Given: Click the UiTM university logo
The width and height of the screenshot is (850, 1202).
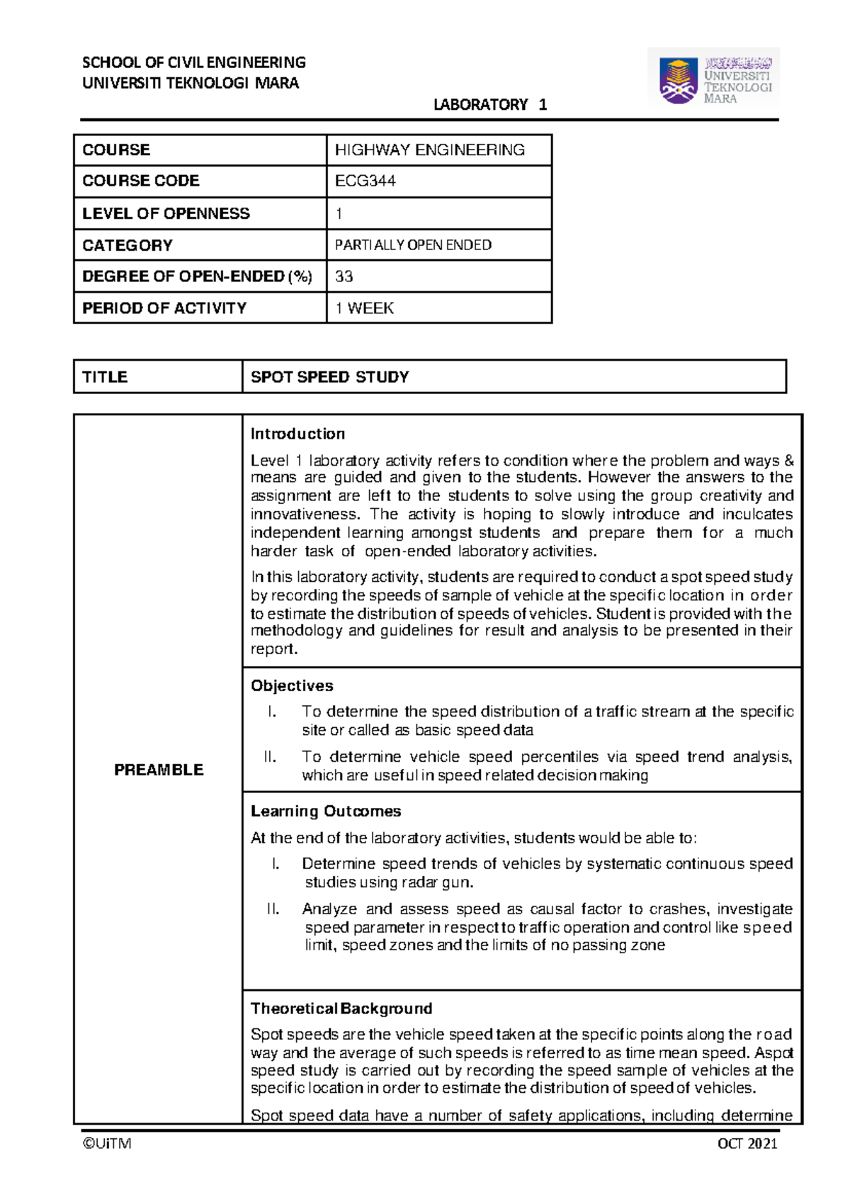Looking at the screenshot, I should (713, 78).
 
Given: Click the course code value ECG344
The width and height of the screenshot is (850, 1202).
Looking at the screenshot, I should (365, 181).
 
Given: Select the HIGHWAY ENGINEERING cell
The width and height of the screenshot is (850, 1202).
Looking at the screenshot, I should (429, 150).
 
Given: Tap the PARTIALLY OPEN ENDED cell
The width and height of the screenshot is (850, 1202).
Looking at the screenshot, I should (413, 245).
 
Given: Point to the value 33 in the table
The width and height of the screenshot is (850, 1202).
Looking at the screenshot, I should (344, 276).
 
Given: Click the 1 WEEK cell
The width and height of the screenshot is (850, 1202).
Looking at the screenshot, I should (364, 308).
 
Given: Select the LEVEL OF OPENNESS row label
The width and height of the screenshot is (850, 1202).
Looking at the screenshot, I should (166, 213).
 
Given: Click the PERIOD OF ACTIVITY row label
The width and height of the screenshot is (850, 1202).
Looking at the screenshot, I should (164, 308).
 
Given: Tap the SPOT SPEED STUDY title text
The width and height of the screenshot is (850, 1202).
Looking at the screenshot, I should (330, 377).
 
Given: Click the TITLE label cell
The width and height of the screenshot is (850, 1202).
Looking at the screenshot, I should (105, 377).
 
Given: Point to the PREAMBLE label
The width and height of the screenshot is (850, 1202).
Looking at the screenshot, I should (159, 770).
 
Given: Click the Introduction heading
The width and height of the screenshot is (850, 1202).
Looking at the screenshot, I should (297, 434).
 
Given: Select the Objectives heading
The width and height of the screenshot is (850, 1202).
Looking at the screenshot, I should (292, 685).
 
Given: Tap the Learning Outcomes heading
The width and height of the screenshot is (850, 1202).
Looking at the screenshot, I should (326, 811).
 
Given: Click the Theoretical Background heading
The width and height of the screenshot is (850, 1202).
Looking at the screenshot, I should (341, 1009).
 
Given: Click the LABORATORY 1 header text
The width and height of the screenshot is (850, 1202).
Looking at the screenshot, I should (489, 105).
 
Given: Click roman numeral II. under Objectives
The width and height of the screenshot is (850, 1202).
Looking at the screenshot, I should (270, 757).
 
